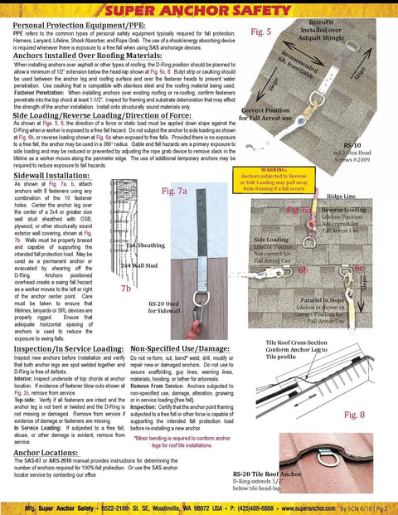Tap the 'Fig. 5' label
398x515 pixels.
tap(261, 32)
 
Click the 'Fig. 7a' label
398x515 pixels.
tap(177, 191)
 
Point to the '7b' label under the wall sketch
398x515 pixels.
tap(125, 288)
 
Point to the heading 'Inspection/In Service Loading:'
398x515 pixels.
tap(67, 350)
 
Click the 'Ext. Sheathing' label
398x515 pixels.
tap(143, 245)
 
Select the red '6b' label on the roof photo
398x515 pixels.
tap(303, 270)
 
